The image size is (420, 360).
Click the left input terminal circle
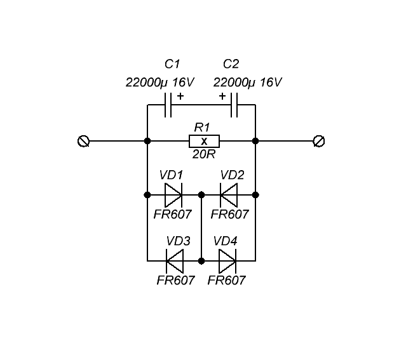coord(83,141)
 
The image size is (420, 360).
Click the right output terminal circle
coord(320,141)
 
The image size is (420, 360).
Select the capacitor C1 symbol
coord(168,105)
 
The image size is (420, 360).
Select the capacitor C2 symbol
coord(234,105)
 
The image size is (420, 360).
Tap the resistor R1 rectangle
coord(204,141)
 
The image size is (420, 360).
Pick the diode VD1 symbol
coord(173,194)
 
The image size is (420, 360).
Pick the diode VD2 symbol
coord(228,194)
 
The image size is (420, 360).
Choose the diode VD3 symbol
coord(174,260)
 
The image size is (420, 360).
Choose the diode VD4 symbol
coord(227,260)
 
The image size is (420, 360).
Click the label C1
coord(172,64)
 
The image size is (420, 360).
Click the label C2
coord(231,64)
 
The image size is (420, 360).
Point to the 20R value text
coord(204,154)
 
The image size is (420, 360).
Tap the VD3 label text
coord(178,241)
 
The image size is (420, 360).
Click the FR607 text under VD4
coord(226,280)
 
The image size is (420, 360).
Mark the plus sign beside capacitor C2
coord(222,97)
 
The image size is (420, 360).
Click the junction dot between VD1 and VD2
coord(201,194)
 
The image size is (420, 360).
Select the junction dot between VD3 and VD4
coord(201,260)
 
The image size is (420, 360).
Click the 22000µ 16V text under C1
coord(160,83)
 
